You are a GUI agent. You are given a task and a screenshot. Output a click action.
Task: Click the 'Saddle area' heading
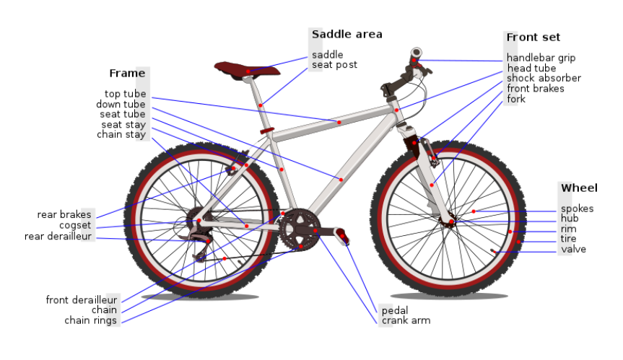pos(347,34)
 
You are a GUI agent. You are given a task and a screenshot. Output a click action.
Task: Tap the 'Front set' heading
pos(533,37)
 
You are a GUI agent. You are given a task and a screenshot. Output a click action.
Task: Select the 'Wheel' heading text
pos(579,188)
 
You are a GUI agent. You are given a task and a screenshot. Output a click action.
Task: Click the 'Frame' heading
pos(127,73)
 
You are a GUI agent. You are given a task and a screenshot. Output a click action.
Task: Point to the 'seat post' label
pos(334,65)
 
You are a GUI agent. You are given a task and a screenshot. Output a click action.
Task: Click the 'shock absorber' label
pos(543,78)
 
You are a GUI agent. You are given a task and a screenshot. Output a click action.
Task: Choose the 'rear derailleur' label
pos(58,236)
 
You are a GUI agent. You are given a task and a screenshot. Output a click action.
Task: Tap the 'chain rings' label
pos(90,320)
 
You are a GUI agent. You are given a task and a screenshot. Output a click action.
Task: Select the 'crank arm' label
pos(406,320)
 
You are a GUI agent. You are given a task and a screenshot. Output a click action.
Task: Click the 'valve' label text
pos(573,250)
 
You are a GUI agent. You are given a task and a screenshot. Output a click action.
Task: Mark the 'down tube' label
pos(121,104)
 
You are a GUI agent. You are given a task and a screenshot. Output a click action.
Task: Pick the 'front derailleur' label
pos(81,300)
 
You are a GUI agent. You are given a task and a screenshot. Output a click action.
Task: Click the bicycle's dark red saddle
pos(245,69)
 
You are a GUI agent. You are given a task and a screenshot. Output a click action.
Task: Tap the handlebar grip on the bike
pos(416,54)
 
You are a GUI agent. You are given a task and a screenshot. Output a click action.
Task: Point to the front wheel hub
pos(451,221)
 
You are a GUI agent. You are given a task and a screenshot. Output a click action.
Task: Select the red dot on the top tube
pos(339,122)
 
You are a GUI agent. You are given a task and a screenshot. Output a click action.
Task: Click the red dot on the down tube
pos(340,178)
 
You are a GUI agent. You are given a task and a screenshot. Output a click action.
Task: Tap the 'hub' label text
pos(570,219)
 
